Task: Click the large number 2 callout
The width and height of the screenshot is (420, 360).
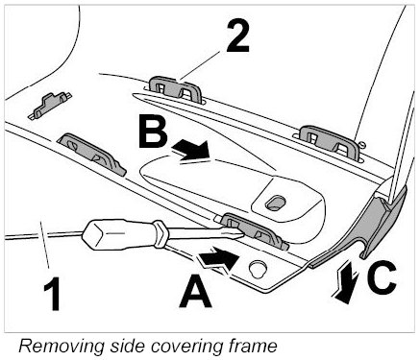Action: click(x=237, y=36)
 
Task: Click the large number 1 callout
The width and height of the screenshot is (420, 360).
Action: click(x=53, y=294)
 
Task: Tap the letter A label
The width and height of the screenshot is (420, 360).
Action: click(x=195, y=292)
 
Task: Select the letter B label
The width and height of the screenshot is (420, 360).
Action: click(x=153, y=132)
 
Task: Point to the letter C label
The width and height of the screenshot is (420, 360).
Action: click(x=383, y=277)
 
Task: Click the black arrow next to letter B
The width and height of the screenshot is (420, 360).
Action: click(x=190, y=150)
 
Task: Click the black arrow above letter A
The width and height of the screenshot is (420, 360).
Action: click(x=219, y=258)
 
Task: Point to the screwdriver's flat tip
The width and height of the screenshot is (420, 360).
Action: click(x=237, y=234)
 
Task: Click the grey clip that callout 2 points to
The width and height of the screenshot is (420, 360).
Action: click(x=175, y=88)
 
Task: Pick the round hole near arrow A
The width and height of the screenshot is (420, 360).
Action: click(x=259, y=268)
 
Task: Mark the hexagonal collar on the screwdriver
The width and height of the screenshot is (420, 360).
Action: click(x=161, y=233)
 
